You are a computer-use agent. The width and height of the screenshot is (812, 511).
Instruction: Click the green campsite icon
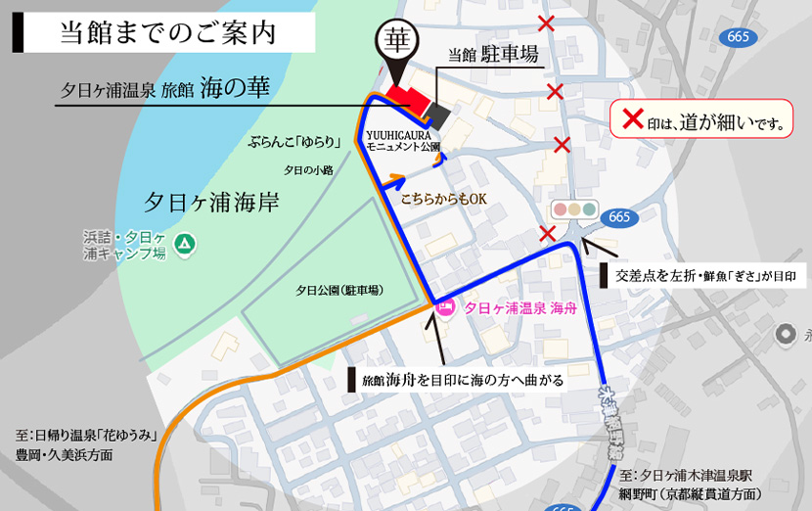pyautogui.click(x=185, y=242)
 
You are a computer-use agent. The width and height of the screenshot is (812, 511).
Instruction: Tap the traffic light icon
pyautogui.click(x=574, y=209)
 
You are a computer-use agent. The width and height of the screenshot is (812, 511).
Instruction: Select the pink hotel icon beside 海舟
pyautogui.click(x=445, y=308)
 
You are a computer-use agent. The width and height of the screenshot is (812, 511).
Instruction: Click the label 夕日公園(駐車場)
pyautogui.click(x=339, y=291)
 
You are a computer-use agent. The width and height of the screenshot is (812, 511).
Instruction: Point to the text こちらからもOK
pyautogui.click(x=443, y=199)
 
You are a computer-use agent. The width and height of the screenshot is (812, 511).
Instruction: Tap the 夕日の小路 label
pyautogui.click(x=308, y=169)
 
